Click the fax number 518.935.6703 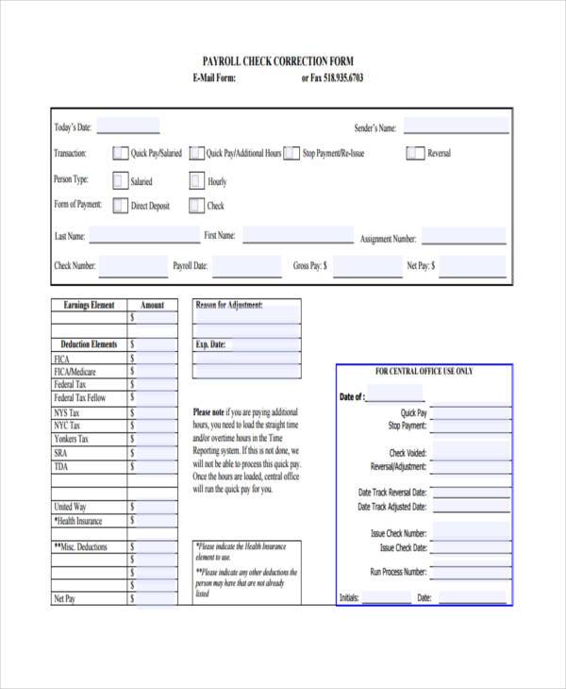point(341,78)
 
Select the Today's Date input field point(127,127)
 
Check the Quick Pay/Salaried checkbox point(120,153)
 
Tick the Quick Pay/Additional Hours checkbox point(196,153)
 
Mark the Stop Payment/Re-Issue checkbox point(292,153)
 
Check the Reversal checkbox point(415,153)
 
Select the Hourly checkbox point(196,180)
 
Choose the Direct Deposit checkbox point(120,205)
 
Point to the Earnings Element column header point(89,305)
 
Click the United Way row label point(70,507)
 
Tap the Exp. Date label point(210,345)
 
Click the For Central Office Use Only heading point(424,372)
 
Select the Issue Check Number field point(470,533)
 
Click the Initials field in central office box point(387,597)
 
